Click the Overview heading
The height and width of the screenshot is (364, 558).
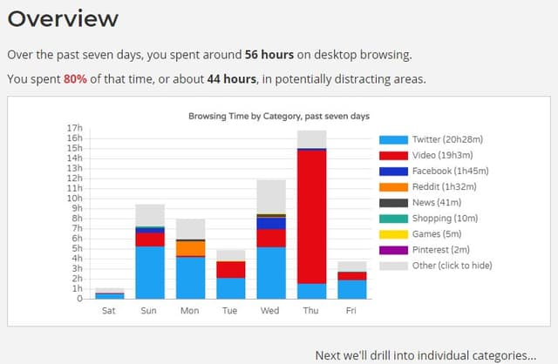[x=63, y=19]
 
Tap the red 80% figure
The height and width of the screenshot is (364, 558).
[x=75, y=78]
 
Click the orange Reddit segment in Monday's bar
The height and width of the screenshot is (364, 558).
[x=190, y=248]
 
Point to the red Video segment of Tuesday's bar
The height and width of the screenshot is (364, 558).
[x=231, y=269]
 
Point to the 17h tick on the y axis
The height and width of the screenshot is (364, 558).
[x=74, y=128]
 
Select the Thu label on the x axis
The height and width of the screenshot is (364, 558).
[x=311, y=310]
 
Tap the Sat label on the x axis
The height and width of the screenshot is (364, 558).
[x=110, y=310]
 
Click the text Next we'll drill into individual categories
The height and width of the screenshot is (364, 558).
[x=425, y=354]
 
